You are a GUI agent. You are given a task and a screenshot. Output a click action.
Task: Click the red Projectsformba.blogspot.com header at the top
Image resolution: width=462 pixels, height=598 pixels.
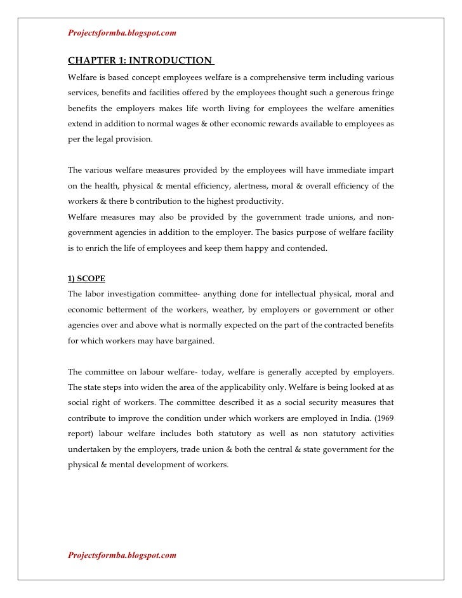coord(122,32)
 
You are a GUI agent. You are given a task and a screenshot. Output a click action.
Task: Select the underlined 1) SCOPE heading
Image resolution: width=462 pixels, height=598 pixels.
coord(86,279)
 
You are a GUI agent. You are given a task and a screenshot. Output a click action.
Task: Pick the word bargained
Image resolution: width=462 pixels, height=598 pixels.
coord(195,340)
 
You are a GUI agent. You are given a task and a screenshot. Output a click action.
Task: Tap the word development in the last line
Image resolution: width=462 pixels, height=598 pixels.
coord(168,464)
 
